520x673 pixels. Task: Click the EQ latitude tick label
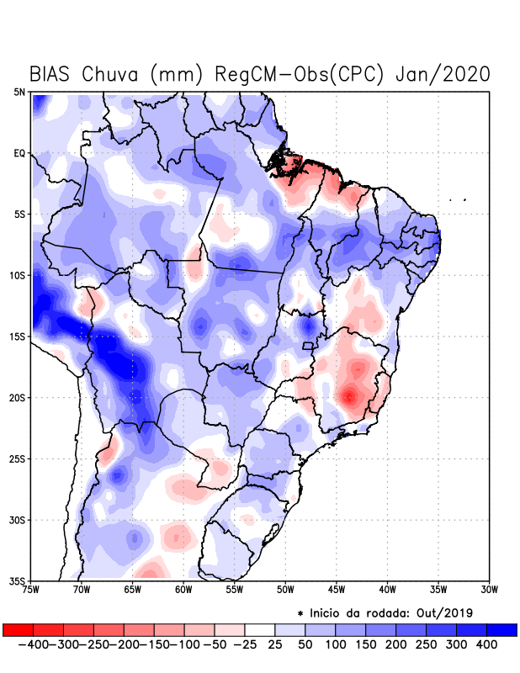19,153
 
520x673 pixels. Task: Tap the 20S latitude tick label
18,398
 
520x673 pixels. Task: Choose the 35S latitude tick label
18,581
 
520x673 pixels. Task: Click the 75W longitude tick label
32,590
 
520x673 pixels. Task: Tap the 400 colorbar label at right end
486,644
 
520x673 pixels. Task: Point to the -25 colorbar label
244,644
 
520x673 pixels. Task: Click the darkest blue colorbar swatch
501,629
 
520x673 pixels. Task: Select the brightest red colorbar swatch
18,629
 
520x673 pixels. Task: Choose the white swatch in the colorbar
259,629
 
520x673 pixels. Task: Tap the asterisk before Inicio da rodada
300,612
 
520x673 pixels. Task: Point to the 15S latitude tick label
18,336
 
